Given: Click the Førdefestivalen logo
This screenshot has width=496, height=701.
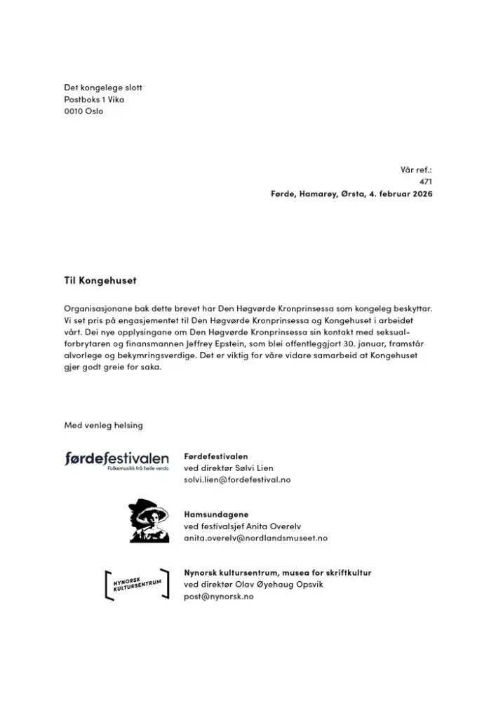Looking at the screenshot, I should (116, 461).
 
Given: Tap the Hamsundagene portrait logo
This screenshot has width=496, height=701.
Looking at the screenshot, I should (148, 521).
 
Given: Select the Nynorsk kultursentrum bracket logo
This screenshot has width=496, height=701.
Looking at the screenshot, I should (137, 584).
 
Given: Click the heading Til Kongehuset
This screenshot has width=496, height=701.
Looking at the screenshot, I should (100, 280).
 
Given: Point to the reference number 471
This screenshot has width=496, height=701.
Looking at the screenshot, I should (425, 182).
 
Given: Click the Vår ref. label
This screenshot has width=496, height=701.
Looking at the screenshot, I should (416, 170).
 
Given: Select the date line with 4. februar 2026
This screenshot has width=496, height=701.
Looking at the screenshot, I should (351, 193).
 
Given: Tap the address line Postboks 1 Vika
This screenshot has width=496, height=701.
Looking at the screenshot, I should (94, 100).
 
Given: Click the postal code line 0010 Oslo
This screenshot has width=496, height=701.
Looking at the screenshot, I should (83, 111).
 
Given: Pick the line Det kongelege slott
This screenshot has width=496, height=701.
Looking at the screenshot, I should (103, 88).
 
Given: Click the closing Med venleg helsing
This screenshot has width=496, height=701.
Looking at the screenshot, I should (103, 425).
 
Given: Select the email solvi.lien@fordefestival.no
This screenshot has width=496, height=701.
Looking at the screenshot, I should (237, 479).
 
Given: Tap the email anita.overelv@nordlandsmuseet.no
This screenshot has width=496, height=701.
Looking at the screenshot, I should (255, 538).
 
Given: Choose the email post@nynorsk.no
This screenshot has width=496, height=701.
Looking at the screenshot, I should (219, 596).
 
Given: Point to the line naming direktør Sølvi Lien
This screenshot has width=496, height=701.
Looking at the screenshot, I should (229, 468).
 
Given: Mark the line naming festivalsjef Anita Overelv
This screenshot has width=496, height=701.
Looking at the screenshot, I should (239, 526).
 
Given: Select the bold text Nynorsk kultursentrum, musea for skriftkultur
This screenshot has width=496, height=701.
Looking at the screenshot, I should (278, 573).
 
